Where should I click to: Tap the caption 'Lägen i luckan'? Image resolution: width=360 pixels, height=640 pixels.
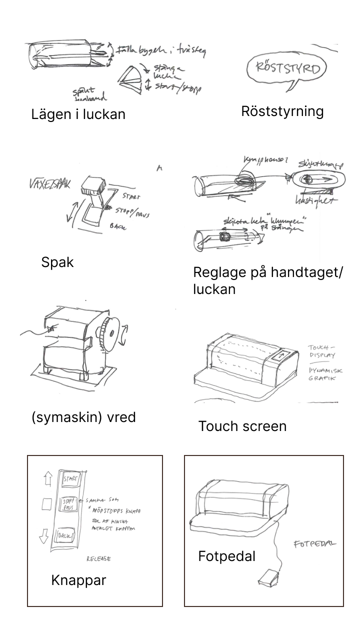(78, 114)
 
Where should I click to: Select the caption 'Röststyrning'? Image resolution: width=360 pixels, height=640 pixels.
(282, 111)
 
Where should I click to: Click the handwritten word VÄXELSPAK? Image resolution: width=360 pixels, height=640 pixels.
(50, 184)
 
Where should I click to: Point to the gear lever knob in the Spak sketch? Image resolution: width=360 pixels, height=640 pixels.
(93, 185)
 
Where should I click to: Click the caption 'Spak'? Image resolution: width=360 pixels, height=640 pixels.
(57, 262)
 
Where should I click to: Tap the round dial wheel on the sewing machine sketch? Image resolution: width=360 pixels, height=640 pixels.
(106, 334)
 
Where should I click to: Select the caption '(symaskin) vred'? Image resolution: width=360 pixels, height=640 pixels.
(83, 417)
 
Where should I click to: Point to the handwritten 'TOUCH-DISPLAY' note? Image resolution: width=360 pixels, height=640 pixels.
(321, 351)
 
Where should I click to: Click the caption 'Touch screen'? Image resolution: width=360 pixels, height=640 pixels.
(242, 426)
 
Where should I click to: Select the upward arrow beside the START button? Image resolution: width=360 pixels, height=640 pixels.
(48, 480)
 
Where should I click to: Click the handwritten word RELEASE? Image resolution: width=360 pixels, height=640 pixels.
(98, 558)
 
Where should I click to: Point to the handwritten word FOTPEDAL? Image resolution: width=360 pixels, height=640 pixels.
(314, 543)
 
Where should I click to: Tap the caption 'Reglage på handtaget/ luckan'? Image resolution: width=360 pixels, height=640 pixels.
(267, 280)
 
